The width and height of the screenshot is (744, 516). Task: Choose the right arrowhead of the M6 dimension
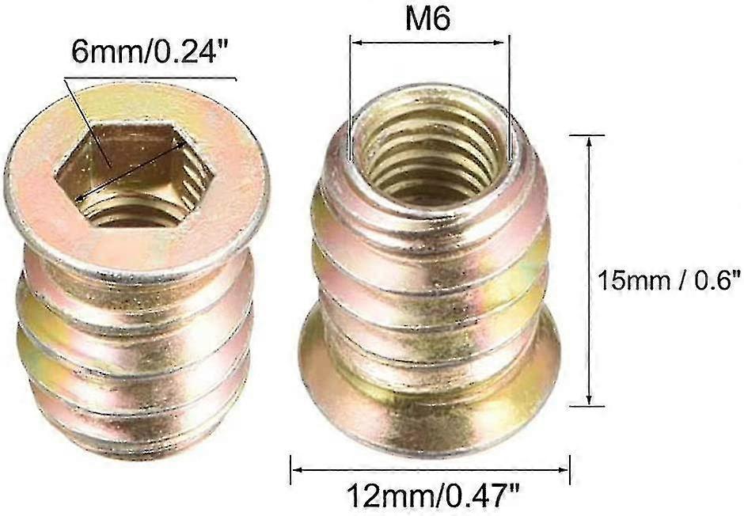(503, 44)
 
